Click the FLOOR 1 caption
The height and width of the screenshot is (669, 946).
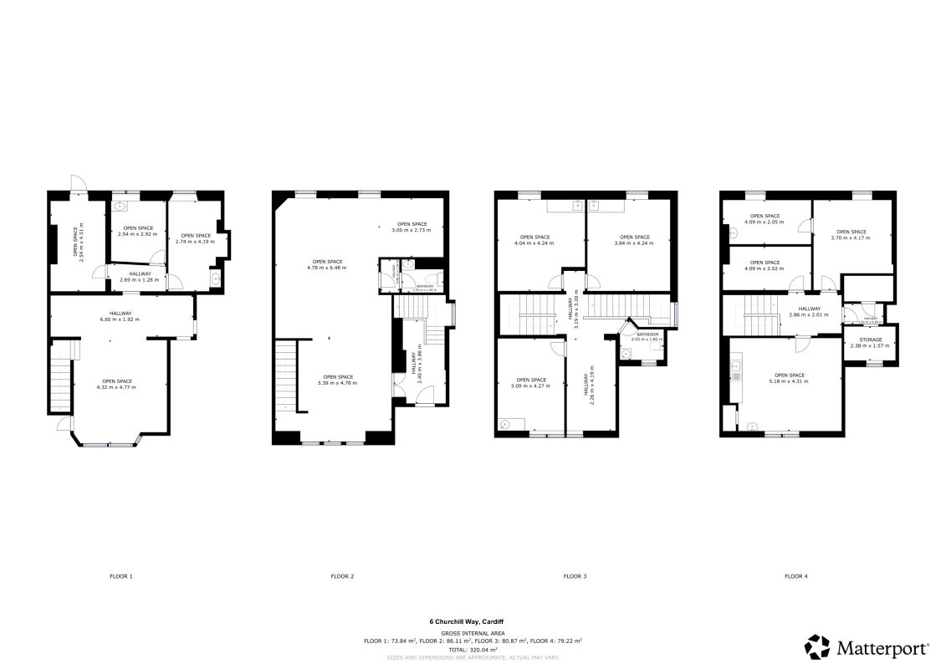point(121,576)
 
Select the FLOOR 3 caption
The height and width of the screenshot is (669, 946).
point(575,576)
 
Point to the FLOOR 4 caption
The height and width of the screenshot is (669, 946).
point(796,576)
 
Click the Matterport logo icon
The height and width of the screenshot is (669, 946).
point(818,647)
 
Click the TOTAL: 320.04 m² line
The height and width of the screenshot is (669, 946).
point(473,649)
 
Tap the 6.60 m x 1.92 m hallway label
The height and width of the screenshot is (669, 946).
point(120,316)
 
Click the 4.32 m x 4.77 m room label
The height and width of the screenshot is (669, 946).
point(117,384)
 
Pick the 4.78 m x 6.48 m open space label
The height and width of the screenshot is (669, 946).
point(326,264)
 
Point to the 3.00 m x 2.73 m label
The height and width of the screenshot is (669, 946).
point(413,226)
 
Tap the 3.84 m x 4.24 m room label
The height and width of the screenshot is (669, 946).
point(634,240)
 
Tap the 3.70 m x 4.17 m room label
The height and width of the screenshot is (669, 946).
point(851,235)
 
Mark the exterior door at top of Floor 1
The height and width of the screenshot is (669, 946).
point(75,185)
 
